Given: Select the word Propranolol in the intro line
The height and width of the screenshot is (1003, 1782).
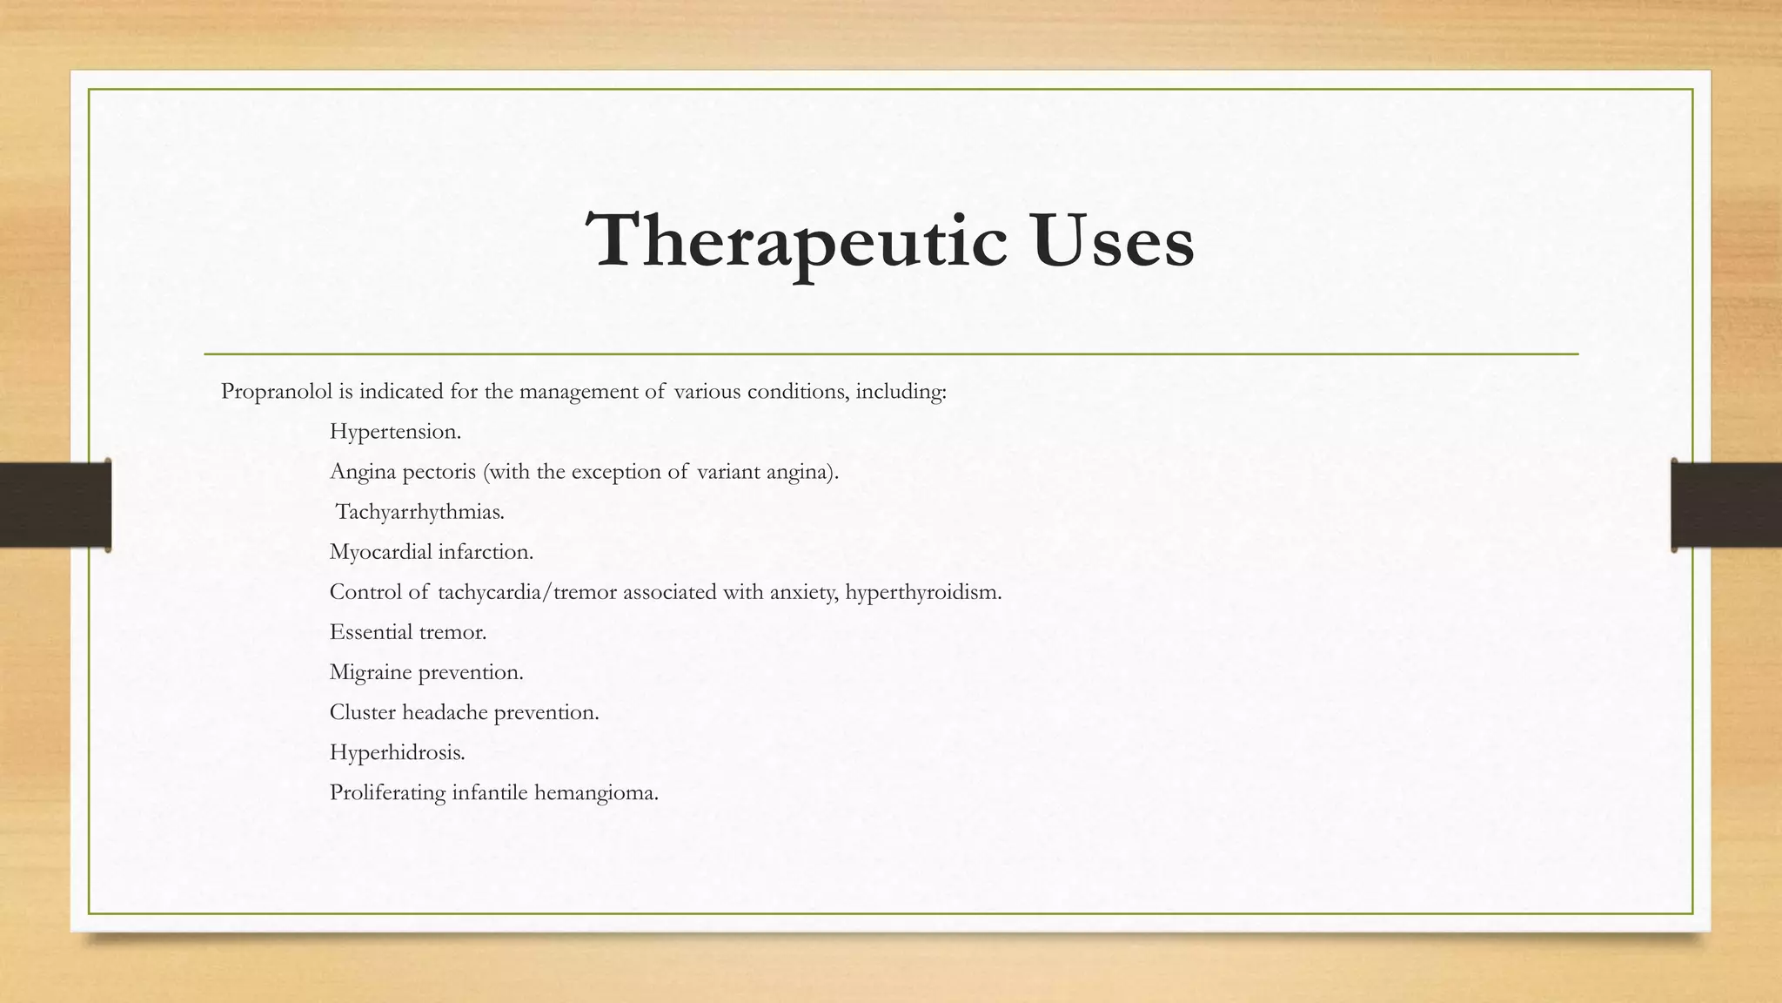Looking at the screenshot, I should pos(276,392).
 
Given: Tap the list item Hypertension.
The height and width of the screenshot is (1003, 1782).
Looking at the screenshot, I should pos(395,432).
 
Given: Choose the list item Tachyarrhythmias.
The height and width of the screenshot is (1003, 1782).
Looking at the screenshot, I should pos(419,512).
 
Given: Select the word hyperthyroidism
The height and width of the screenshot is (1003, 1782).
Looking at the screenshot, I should pos(923,593).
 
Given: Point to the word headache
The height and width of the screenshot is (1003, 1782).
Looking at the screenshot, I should pos(445,712).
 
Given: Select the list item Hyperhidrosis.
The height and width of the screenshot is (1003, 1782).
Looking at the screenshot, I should pos(397,752).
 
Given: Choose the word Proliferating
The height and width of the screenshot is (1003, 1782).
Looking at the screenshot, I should pos(386,792).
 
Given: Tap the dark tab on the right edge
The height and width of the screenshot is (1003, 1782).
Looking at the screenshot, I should pos(1726,505).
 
